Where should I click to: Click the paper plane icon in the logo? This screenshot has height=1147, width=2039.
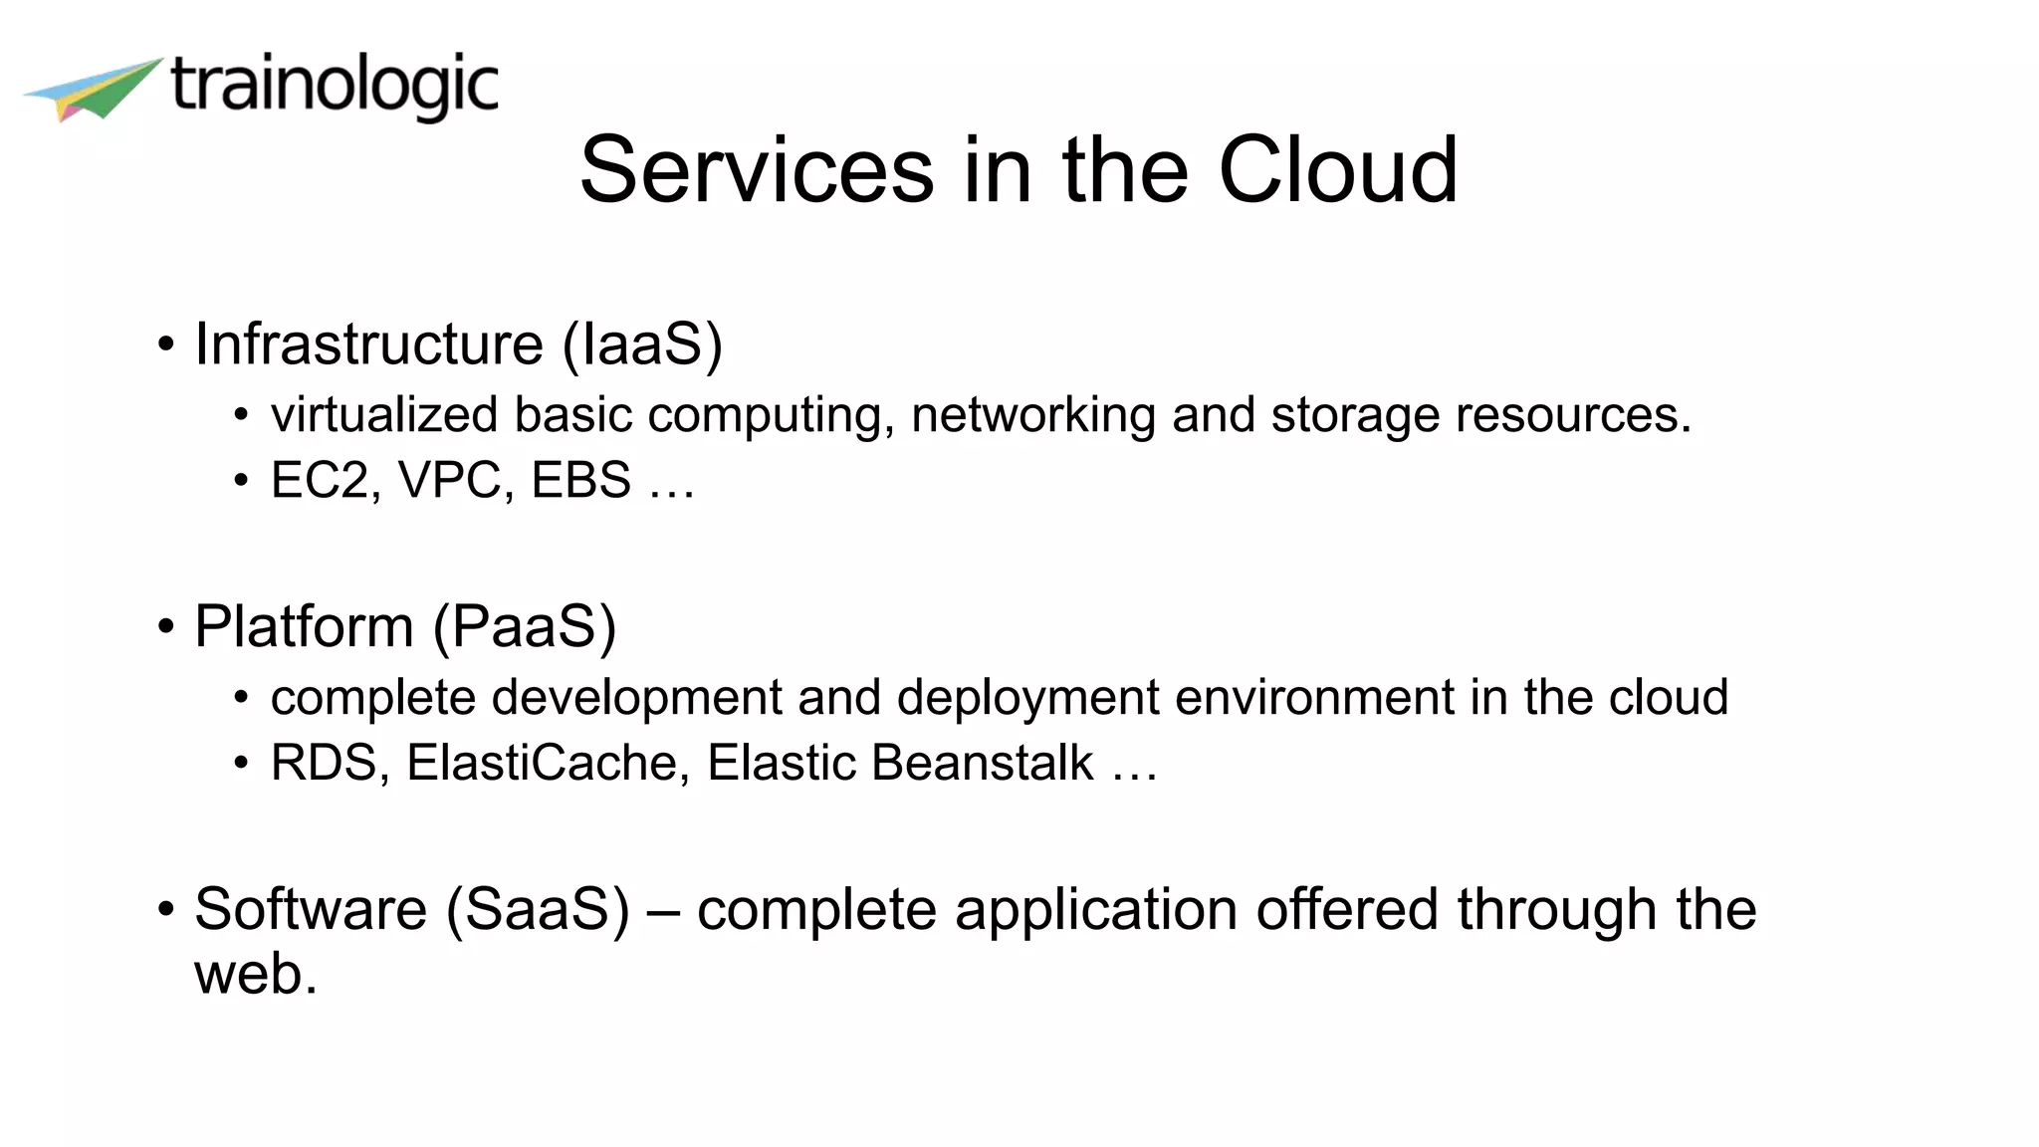coord(95,89)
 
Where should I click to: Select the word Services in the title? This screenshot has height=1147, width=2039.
coord(757,170)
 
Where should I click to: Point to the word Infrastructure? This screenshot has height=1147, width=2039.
coord(368,344)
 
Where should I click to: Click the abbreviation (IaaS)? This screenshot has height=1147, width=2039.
coord(642,344)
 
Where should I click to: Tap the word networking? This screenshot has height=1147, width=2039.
coord(1032,415)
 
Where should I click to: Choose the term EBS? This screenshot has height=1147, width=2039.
coord(580,480)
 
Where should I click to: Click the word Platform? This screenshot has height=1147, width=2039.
coord(304,627)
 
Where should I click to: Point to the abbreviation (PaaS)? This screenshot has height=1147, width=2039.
coord(525,627)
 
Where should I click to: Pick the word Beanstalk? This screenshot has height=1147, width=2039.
coord(982,764)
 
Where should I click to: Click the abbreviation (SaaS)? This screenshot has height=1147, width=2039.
coord(538,910)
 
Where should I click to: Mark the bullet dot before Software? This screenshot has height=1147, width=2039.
coord(166,910)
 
